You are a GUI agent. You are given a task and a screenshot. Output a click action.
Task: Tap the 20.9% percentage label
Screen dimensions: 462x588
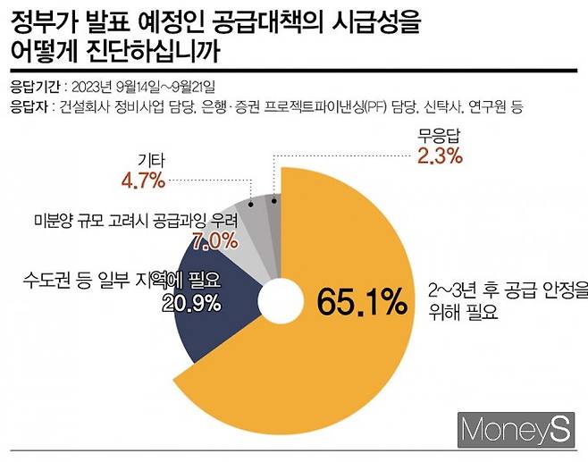190,303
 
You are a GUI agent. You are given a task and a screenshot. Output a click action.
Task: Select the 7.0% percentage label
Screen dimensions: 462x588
214,240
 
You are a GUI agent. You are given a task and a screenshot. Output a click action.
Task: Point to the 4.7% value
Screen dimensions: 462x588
143,182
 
